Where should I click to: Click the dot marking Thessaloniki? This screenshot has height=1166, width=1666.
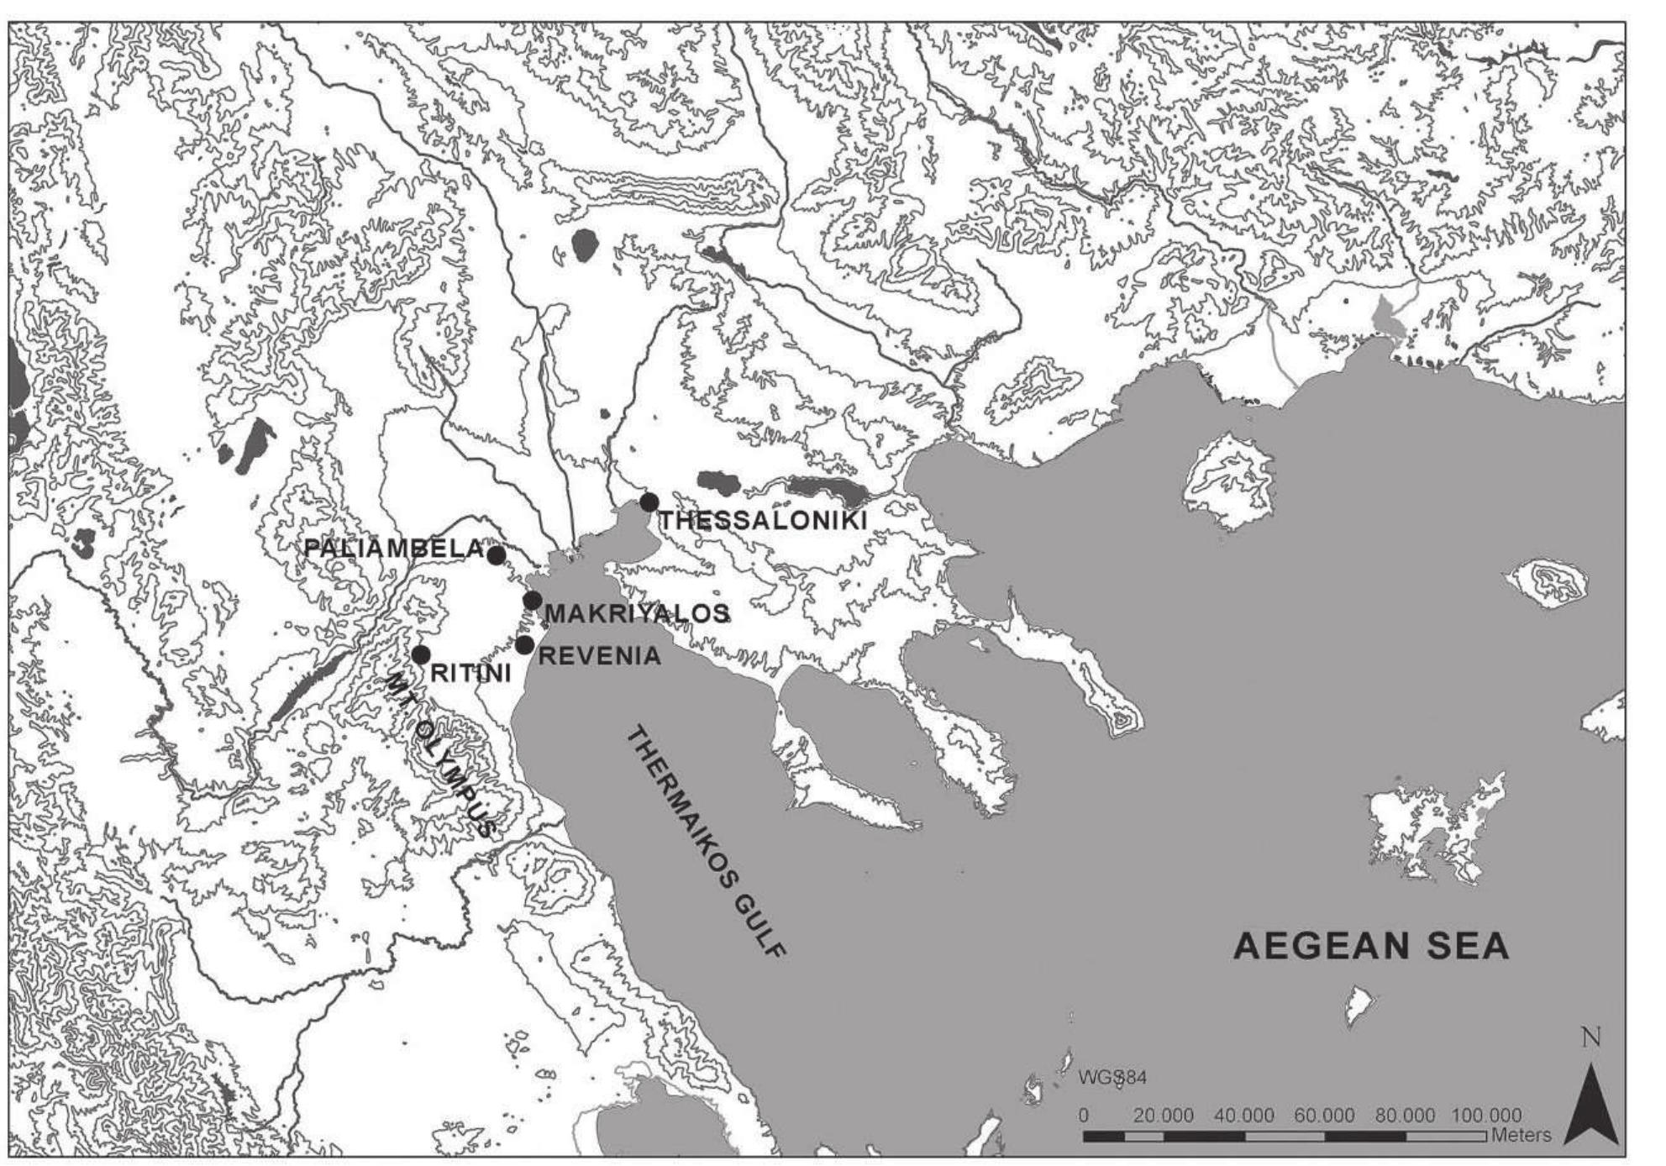[x=649, y=502]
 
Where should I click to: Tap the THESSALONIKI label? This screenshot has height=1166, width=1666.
[x=761, y=521]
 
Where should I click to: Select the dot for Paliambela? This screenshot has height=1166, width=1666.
[x=496, y=554]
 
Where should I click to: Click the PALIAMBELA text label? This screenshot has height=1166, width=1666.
[x=394, y=549]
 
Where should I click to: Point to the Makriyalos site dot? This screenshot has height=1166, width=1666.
[x=532, y=601]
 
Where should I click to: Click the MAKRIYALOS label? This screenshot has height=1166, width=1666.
[x=637, y=614]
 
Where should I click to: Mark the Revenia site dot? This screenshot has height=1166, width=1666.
[x=524, y=645]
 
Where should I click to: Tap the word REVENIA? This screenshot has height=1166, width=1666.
[x=599, y=656]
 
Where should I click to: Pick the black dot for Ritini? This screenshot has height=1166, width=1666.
[x=421, y=654]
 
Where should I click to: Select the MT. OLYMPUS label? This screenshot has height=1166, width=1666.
[x=440, y=755]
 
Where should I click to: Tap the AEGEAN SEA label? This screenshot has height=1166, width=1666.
[x=1371, y=947]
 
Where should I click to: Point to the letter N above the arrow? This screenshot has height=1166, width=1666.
[x=1591, y=1038]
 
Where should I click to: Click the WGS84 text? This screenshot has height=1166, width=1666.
[x=1112, y=1078]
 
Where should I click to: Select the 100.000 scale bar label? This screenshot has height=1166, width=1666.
[x=1485, y=1116]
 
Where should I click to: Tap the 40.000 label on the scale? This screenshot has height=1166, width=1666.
[x=1244, y=1116]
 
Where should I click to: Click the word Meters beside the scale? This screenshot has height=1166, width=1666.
[x=1522, y=1136]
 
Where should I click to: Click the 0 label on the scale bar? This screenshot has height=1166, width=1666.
[x=1084, y=1116]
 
